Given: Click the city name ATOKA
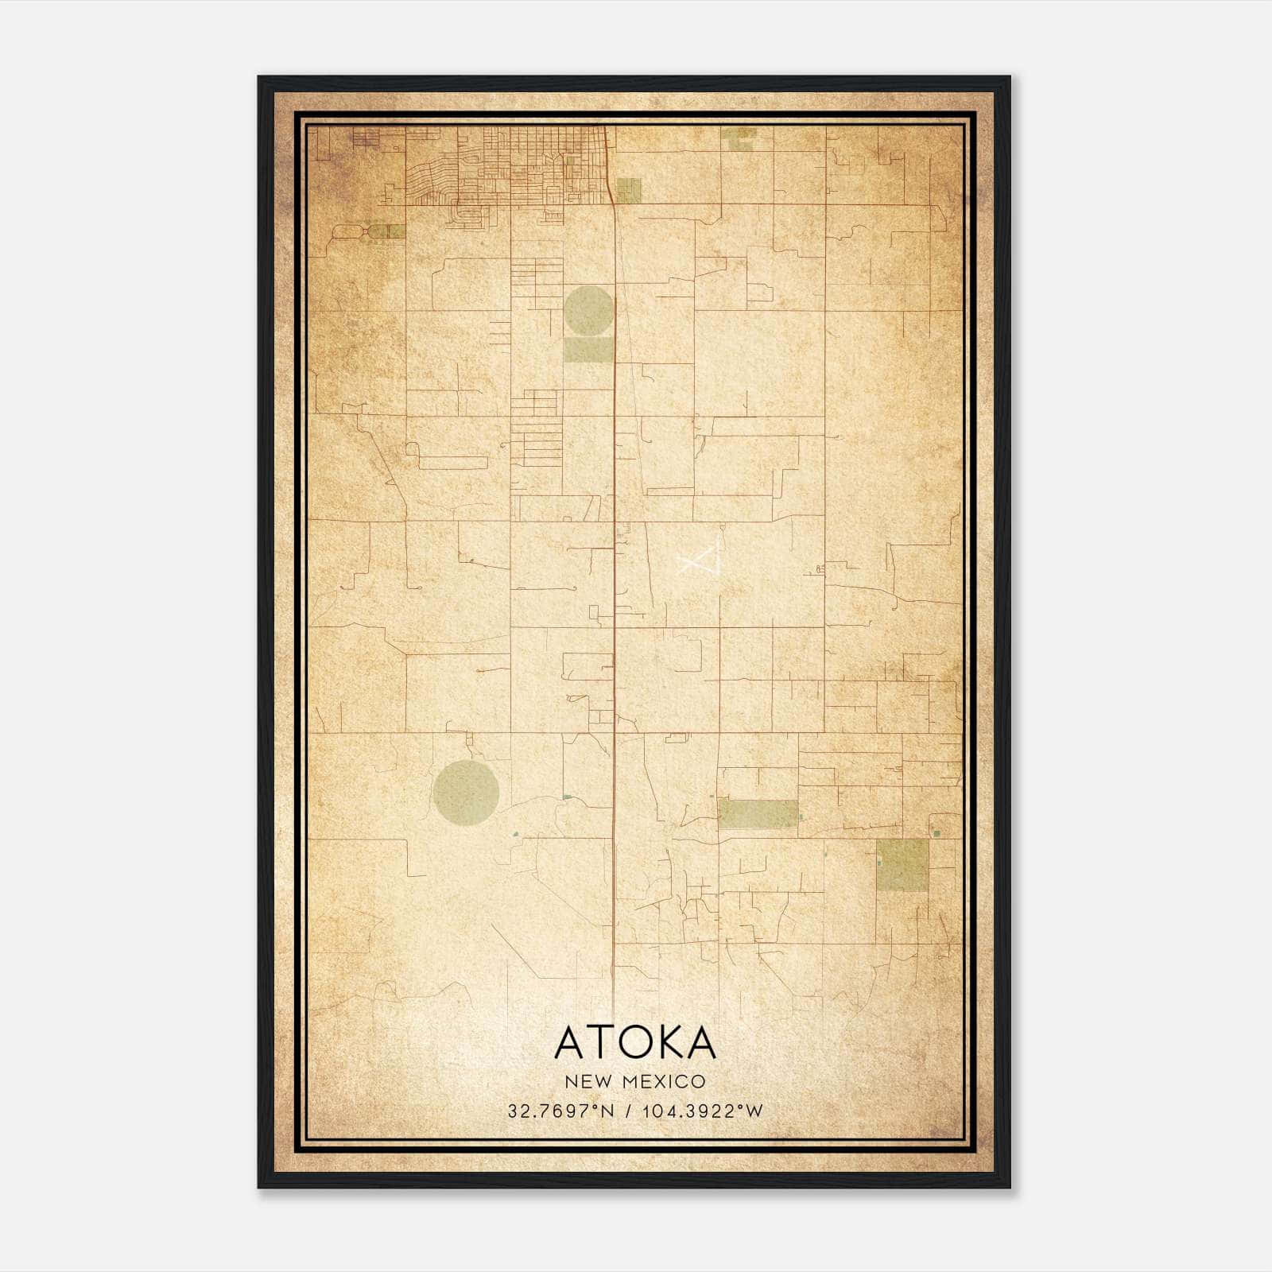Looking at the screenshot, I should (x=635, y=1042).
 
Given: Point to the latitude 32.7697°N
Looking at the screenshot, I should (x=561, y=1111).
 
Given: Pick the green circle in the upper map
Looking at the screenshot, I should (x=588, y=310).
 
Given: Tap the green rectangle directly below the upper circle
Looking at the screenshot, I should (x=588, y=350).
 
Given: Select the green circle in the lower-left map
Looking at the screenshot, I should (x=467, y=792).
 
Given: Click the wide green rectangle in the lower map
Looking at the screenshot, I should (x=758, y=814).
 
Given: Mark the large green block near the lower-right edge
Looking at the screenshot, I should (x=902, y=865).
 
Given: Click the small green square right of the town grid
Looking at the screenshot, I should (x=628, y=191).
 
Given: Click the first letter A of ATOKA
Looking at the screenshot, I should (x=570, y=1042).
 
